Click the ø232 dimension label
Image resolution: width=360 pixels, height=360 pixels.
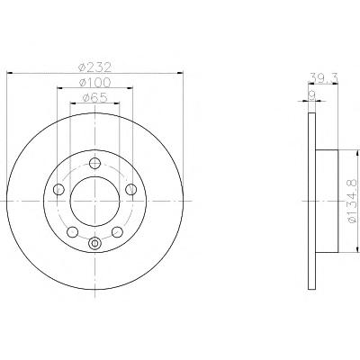(x=94, y=67)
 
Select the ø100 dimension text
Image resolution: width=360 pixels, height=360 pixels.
(x=94, y=82)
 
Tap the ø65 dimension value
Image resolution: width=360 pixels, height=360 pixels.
(x=94, y=98)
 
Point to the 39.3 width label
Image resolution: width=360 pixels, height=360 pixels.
(x=323, y=78)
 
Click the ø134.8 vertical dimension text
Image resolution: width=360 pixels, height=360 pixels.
(x=352, y=201)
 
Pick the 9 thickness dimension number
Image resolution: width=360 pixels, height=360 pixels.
(x=312, y=95)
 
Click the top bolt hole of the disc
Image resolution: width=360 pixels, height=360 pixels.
(x=94, y=163)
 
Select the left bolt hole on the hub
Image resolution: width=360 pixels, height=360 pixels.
(x=58, y=189)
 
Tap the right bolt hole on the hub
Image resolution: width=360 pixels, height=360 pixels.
(x=131, y=189)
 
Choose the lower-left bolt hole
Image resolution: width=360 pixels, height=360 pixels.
(x=72, y=231)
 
